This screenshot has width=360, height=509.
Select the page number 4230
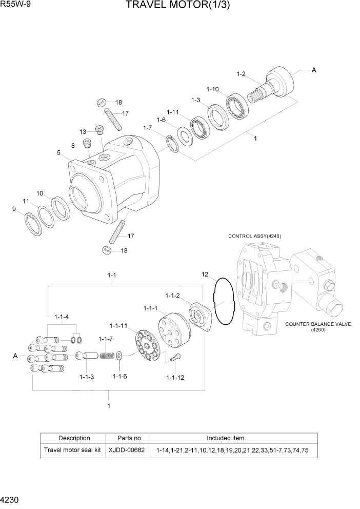tap(11, 499)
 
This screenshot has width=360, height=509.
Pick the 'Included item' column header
tap(225, 438)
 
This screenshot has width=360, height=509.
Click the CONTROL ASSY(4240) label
tap(254, 236)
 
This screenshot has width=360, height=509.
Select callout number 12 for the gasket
tap(205, 275)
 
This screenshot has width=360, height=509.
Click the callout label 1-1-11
tap(117, 325)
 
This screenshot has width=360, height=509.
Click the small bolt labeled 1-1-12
tap(177, 359)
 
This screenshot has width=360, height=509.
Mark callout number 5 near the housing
tap(59, 152)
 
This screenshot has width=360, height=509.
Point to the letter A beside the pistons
tap(15, 355)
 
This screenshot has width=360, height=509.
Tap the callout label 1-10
tap(212, 89)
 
